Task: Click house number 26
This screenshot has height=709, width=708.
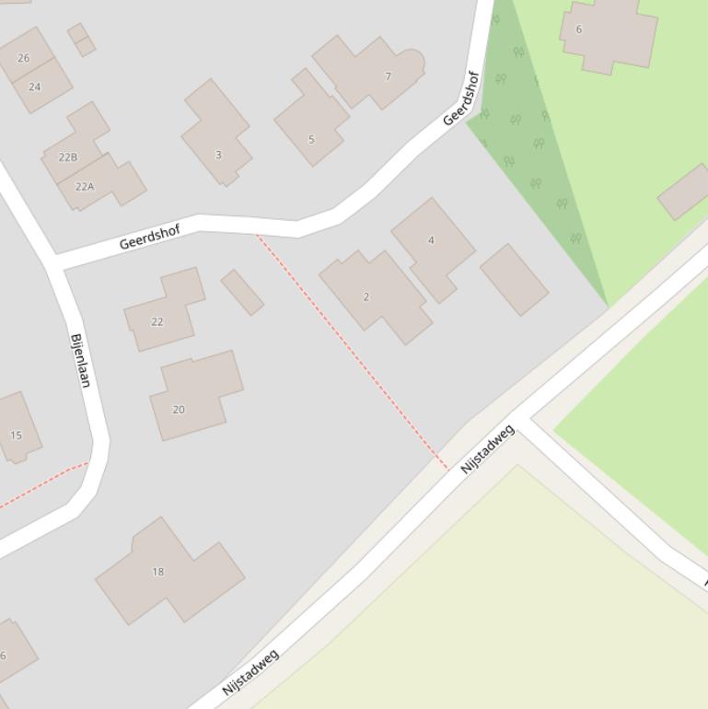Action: tap(23, 58)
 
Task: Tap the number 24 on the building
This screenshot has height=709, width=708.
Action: tap(35, 87)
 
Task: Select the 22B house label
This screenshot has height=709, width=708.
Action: tap(68, 157)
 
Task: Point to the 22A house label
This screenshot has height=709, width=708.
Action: tap(85, 186)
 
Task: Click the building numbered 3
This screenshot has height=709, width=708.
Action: tap(218, 155)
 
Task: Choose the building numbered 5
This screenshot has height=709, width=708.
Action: tap(311, 140)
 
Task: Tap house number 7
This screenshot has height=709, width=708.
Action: tap(388, 76)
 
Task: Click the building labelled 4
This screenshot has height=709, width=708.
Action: tap(431, 240)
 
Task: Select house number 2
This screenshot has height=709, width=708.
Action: tap(366, 296)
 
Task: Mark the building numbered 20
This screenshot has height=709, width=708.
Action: tap(179, 410)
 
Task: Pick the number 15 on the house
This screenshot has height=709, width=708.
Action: tap(16, 436)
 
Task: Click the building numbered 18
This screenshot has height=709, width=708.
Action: tap(157, 572)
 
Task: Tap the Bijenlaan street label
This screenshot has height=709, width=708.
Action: tap(80, 360)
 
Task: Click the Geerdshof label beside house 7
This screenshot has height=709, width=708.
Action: tap(461, 99)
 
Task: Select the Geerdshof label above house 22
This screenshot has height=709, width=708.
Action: tap(149, 237)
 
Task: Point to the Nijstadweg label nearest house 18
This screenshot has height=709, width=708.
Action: tap(250, 673)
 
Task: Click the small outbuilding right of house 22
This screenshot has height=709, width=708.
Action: tap(242, 292)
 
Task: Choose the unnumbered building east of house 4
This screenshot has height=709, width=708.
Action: tap(514, 280)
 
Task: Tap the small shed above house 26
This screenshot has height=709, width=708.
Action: tap(81, 40)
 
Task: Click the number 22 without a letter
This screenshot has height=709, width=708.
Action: tap(157, 321)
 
